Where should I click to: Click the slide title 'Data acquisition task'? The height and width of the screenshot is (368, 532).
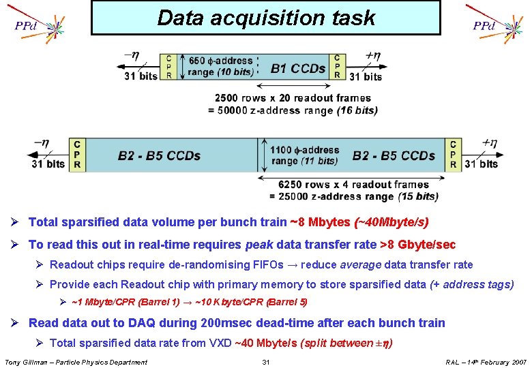coord(266,18)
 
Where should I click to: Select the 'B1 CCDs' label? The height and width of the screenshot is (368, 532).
coord(298,68)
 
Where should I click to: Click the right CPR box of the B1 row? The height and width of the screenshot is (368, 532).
coord(337,67)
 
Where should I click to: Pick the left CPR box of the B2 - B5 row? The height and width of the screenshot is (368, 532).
coord(77,155)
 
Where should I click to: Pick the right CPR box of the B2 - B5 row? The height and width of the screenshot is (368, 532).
coord(453,155)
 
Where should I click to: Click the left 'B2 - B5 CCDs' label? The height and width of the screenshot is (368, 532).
coord(159,156)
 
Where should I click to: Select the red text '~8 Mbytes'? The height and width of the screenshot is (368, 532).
coord(321,222)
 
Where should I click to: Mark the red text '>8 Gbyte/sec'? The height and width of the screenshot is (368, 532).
coord(417,244)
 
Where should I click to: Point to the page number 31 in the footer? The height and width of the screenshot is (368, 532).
coord(267,362)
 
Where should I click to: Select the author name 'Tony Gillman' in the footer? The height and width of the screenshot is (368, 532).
coord(27,362)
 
